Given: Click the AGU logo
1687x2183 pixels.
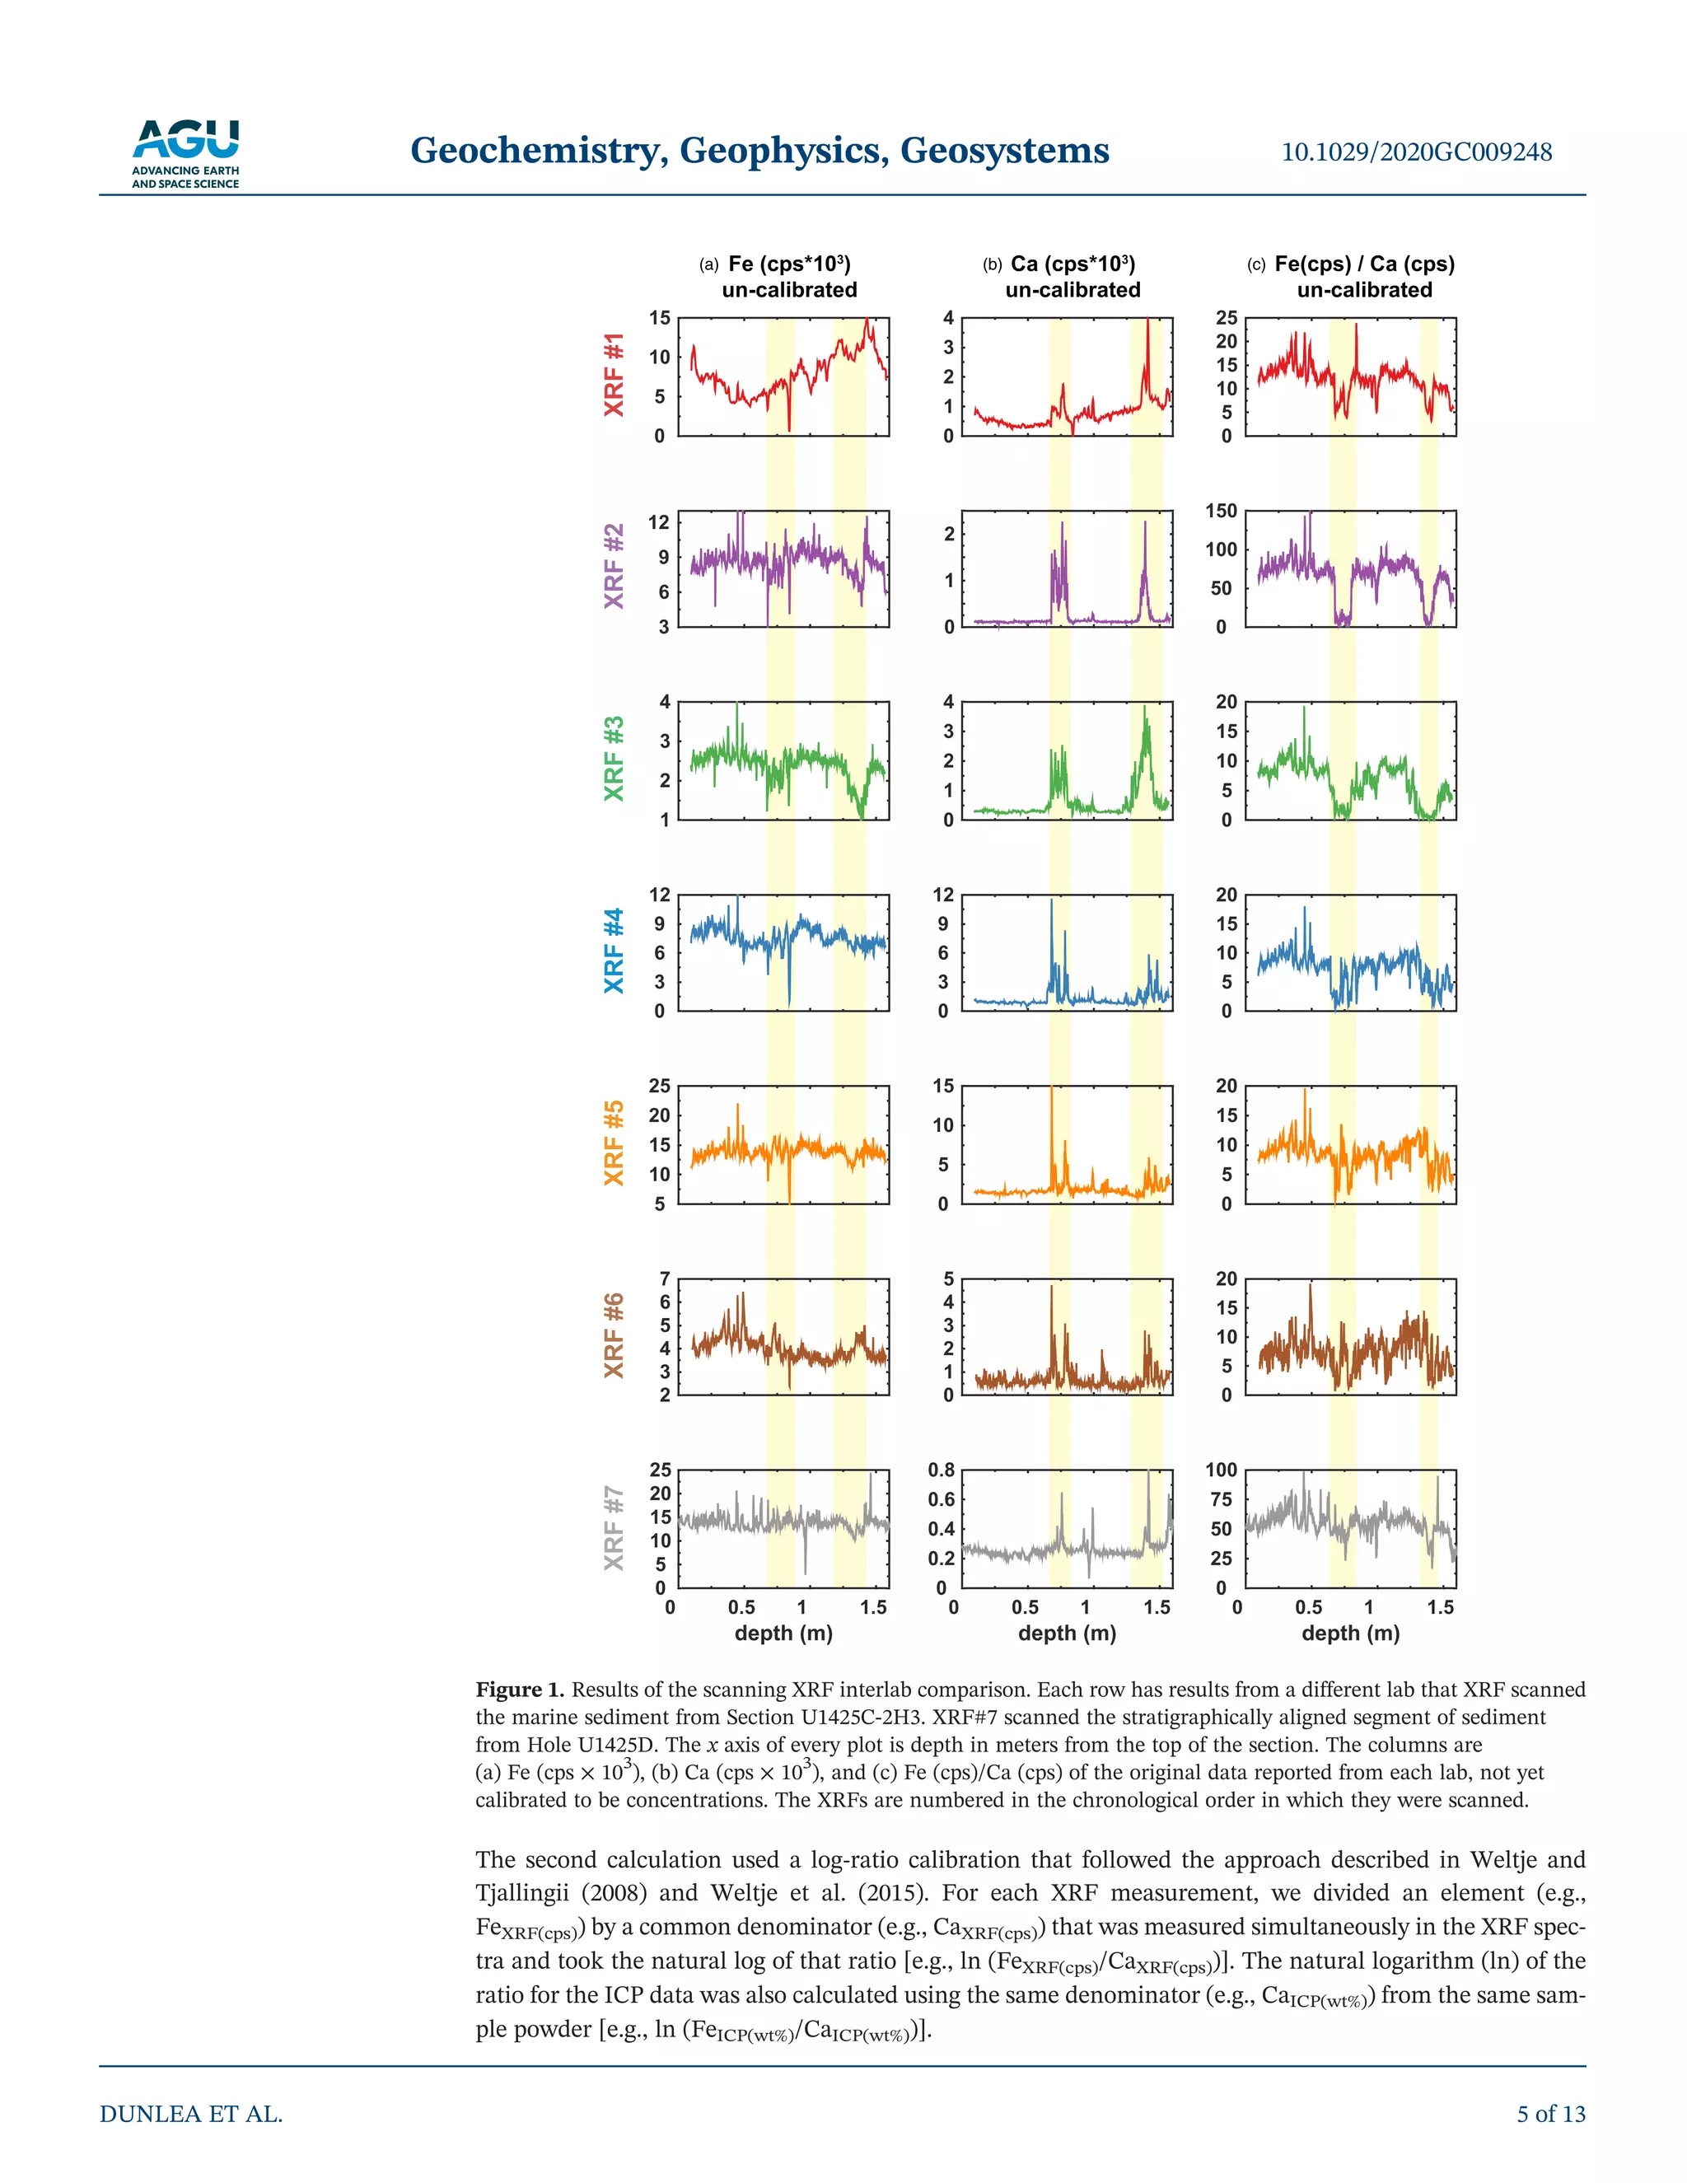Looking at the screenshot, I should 186,153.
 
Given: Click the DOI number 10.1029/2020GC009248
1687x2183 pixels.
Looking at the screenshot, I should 1416,152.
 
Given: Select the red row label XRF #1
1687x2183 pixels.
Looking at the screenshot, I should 614,375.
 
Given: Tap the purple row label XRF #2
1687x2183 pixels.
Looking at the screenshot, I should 614,566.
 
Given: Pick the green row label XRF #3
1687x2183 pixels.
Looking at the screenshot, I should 614,759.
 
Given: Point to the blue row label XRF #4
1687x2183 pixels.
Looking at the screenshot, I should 614,951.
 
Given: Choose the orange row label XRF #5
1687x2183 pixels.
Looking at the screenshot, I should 614,1143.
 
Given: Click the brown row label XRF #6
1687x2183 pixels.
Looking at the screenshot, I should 614,1335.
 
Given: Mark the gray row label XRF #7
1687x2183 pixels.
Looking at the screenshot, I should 614,1527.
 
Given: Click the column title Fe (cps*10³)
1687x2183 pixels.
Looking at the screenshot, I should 788,264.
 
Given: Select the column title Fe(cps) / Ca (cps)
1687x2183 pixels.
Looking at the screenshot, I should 1364,264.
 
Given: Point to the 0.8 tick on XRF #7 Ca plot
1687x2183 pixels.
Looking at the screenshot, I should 942,1470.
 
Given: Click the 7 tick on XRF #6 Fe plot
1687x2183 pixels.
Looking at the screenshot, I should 665,1278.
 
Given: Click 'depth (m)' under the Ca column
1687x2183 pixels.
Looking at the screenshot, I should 1067,1634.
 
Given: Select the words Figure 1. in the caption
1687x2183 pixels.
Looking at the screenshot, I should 520,1690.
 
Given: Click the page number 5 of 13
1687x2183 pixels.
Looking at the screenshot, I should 1551,2114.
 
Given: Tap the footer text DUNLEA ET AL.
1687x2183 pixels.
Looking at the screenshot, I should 191,2114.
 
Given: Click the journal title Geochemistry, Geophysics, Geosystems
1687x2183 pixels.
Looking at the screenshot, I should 759,151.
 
